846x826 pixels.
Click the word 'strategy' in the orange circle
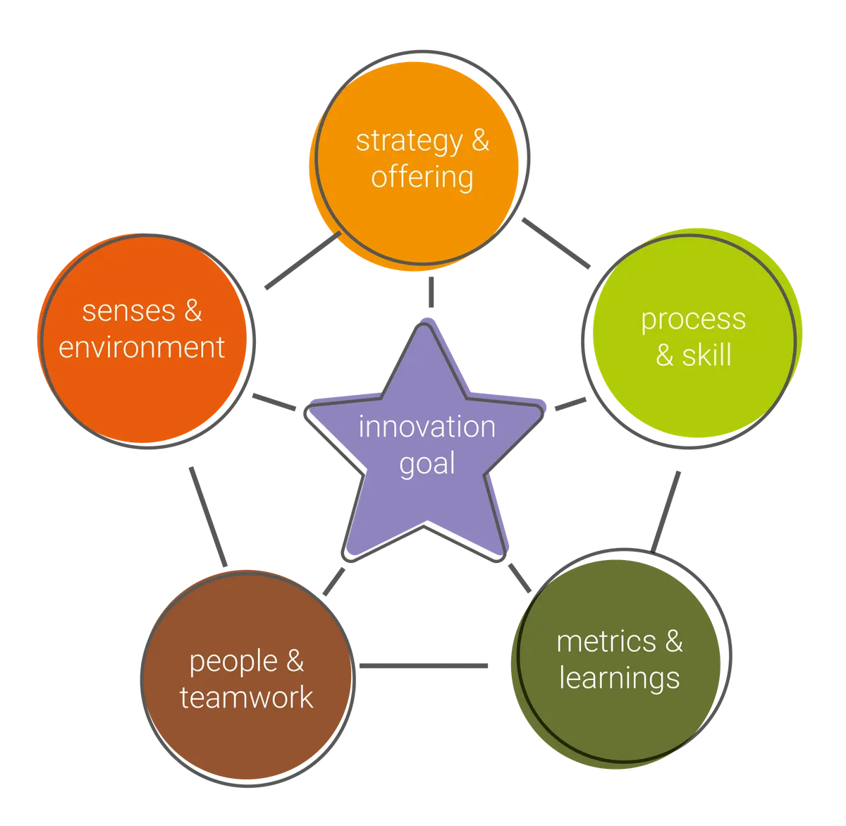pos(409,142)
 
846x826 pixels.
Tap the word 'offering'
pos(422,178)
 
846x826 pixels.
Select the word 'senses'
pos(129,312)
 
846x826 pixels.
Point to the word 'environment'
pos(142,348)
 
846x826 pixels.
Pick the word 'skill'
pos(706,356)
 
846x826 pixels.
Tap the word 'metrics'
pos(606,642)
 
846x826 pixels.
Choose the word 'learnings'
pos(620,679)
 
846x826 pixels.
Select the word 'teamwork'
pos(247,698)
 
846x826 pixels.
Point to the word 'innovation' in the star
pos(427,427)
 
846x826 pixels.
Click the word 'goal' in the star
pos(427,465)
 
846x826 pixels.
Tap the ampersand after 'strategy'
pos(480,140)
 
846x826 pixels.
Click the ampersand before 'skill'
pos(664,356)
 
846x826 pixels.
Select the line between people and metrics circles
pos(424,666)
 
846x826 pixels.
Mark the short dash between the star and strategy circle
pos(431,292)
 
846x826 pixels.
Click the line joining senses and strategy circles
pos(303,260)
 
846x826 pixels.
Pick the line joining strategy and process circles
pos(556,243)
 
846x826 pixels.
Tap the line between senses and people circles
pos(208,517)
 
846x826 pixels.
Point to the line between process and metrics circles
pos(666,511)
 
